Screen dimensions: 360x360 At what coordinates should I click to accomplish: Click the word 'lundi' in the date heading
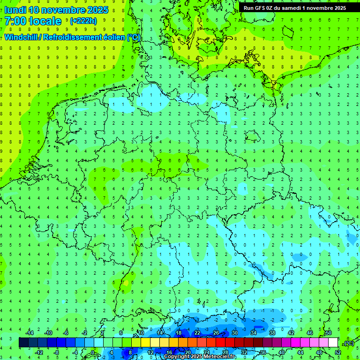pyautogui.click(x=15, y=10)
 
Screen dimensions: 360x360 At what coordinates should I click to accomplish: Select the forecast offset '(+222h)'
pyautogui.click(x=83, y=21)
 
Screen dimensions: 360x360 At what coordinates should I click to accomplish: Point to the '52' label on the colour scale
pyautogui.click(x=338, y=352)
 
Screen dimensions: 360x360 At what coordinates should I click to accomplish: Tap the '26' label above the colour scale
pyautogui.click(x=216, y=332)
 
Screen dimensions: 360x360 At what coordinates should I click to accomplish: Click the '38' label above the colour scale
pyautogui.click(x=272, y=332)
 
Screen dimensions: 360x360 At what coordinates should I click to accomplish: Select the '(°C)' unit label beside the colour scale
pyautogui.click(x=348, y=343)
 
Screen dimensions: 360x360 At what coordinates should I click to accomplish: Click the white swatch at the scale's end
pyautogui.click(x=333, y=343)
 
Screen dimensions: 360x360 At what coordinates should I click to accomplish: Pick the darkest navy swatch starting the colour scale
pyautogui.click(x=23, y=343)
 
